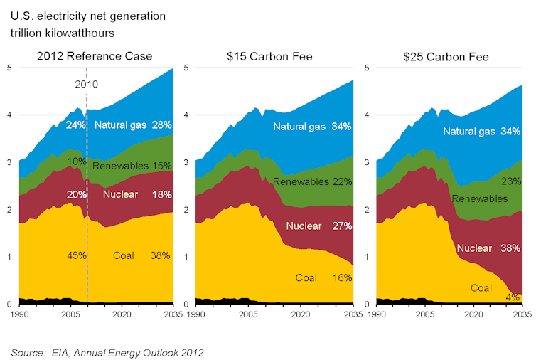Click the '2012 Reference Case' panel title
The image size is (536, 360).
coord(95,56)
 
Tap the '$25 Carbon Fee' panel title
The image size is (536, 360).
coord(449,56)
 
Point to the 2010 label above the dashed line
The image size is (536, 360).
coord(87,84)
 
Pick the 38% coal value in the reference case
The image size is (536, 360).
coord(159,255)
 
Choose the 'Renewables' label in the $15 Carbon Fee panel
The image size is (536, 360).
coord(300,182)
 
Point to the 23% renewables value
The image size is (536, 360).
coord(510,181)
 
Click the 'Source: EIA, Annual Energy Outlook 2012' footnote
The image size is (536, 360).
coord(107,351)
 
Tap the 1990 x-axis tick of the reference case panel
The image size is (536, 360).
coord(20,313)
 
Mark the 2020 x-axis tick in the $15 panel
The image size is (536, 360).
coord(300,313)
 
